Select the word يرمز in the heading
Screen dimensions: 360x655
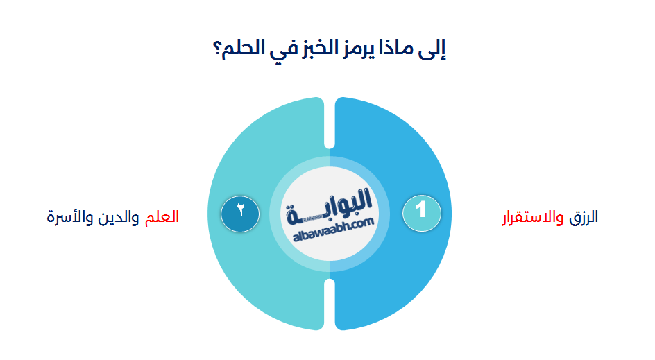click(353, 50)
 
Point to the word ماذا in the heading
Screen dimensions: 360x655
click(395, 49)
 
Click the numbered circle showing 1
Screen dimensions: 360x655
click(422, 209)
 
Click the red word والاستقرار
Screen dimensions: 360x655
click(533, 217)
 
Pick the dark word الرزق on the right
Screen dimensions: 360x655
click(584, 217)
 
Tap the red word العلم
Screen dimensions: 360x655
click(162, 217)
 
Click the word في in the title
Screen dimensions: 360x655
click(271, 49)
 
